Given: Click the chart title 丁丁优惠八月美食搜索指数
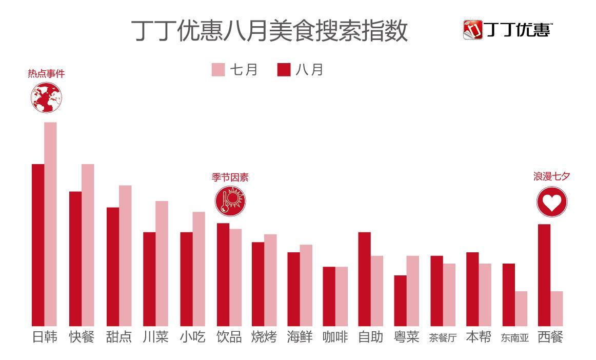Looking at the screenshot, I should pos(269,31).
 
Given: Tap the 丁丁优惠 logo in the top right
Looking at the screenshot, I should pos(508,30).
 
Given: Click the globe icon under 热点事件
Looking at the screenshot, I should pos(46,97).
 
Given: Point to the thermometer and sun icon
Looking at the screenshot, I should pos(230,201).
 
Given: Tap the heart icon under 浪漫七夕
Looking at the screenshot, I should pos(552,202).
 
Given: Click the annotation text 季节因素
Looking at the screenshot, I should pos(230,177).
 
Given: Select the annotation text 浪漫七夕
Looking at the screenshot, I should pos(552,176).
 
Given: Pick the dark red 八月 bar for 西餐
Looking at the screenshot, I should pos(544,275).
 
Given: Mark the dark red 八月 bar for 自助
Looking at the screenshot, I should pos(364,279).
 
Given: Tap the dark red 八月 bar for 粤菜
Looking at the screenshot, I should pos(400,301).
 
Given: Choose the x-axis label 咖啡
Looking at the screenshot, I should pos(335,337).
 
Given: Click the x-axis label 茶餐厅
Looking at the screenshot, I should pos(442,338).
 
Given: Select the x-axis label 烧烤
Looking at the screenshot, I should pos(264,337).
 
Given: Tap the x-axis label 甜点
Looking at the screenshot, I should pos(119,337).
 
